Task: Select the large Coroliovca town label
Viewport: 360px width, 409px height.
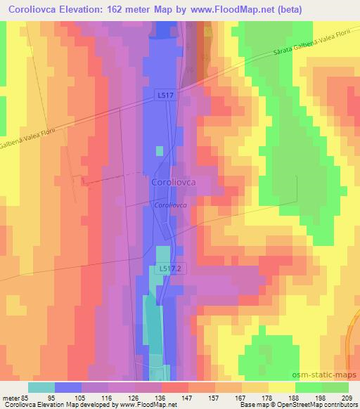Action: pyautogui.click(x=172, y=182)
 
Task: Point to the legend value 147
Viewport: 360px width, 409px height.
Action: pyautogui.click(x=188, y=396)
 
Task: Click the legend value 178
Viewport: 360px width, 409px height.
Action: pyautogui.click(x=268, y=396)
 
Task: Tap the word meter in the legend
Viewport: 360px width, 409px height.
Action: pyautogui.click(x=13, y=396)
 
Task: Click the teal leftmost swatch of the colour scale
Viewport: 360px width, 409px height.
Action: pyautogui.click(x=41, y=387)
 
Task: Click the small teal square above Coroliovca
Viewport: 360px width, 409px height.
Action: pyautogui.click(x=160, y=150)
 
